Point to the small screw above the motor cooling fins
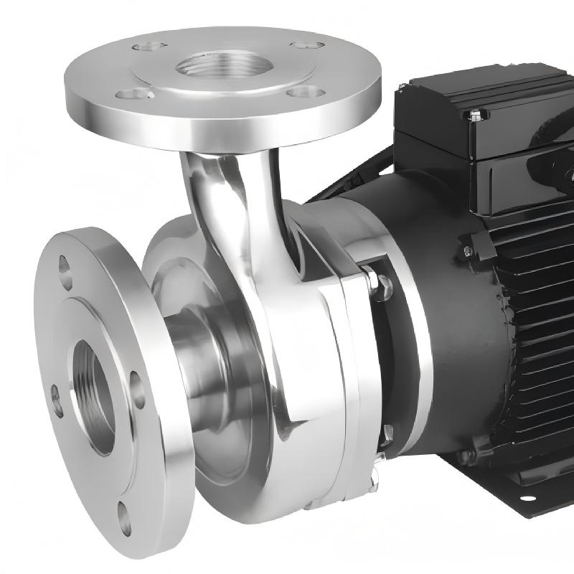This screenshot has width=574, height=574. click(467, 250)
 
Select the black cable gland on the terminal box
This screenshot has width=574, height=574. click(549, 165)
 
